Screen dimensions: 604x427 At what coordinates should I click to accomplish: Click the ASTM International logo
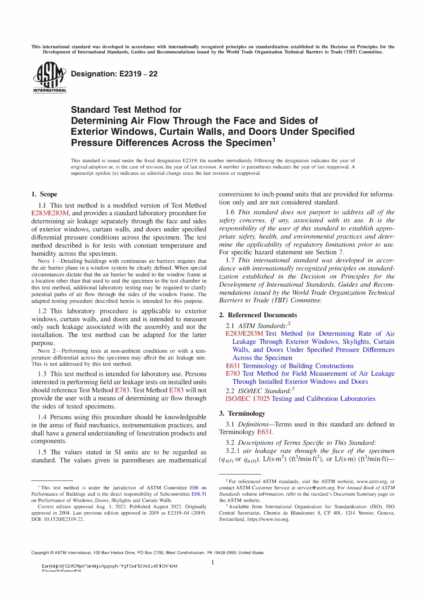point(49,77)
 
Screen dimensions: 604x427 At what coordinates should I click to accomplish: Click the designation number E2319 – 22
point(114,74)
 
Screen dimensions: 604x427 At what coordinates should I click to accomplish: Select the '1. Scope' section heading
point(44,194)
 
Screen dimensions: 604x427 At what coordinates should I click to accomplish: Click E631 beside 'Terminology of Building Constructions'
point(233,366)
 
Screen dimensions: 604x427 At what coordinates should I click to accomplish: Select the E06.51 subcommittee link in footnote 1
point(199,494)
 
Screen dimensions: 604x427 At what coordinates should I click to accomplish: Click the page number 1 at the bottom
point(213,563)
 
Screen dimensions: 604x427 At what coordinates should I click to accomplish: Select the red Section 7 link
point(341,252)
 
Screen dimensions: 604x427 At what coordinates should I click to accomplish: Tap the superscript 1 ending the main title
point(273,140)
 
